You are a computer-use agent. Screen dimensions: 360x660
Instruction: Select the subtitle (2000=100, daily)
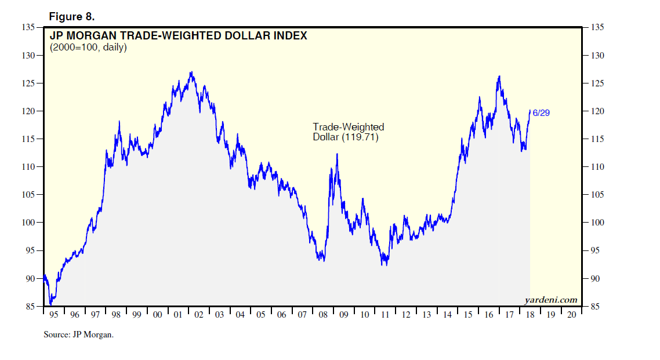[88, 47]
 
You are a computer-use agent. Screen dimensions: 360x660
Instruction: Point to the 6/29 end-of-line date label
[541, 113]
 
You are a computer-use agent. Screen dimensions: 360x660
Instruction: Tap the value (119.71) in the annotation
[360, 137]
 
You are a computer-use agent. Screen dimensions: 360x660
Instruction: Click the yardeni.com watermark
[550, 300]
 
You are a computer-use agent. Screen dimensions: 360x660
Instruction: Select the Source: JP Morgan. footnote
[78, 334]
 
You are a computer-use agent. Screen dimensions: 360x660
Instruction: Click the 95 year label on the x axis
[53, 315]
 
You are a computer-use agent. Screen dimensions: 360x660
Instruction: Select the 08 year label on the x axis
[323, 315]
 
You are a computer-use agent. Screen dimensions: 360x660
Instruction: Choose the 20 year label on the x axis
[572, 315]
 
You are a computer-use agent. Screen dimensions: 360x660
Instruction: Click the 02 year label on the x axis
[198, 315]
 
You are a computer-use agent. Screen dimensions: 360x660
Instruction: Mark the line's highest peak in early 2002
[191, 72]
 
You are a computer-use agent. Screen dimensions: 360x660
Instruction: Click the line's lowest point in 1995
[50, 304]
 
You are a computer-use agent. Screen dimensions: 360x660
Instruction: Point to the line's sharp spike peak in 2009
[337, 154]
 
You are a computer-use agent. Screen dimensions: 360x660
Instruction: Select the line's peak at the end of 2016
[499, 76]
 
